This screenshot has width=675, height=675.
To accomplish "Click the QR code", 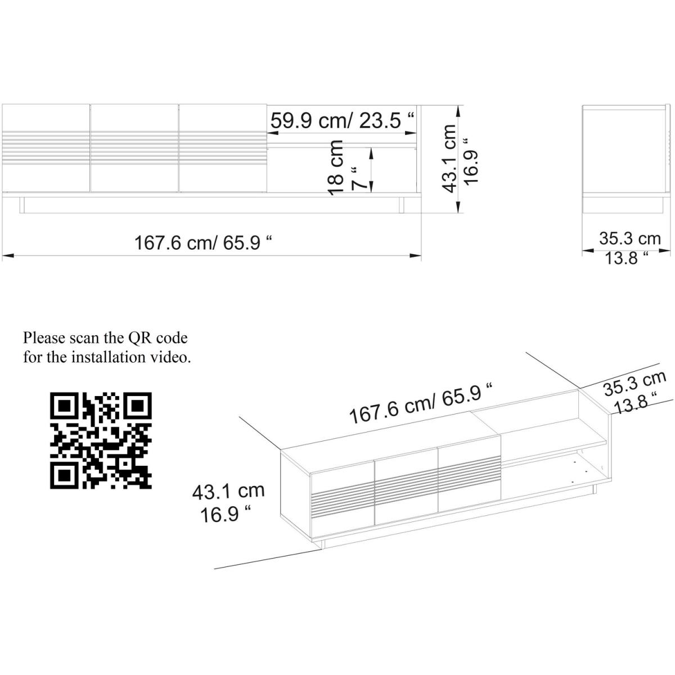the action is pos(101,440).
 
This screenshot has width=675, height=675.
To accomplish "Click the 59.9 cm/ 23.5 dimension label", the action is pos(342,121).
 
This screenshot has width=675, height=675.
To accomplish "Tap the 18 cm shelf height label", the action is pos(336,168).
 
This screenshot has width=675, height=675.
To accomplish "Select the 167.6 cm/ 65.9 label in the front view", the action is pos(203,242).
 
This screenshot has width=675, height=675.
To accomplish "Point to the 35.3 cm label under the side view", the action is pos(629,238).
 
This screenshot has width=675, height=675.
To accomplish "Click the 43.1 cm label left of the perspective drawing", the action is pos(228,490).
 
